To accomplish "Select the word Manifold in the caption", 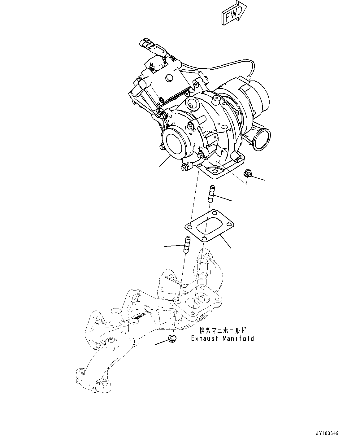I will click(x=238, y=338).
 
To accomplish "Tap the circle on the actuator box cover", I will click(x=169, y=79).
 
